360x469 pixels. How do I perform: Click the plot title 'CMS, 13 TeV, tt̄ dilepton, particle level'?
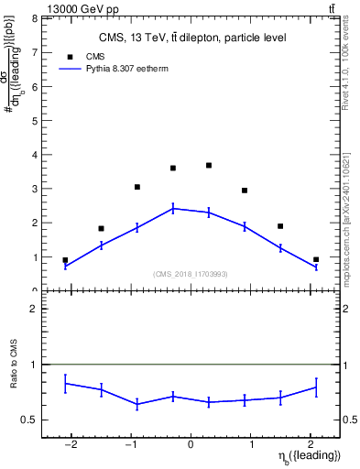(192, 38)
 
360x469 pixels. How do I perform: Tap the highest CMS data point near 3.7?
(209, 166)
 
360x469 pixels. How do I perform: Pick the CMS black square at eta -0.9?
(137, 187)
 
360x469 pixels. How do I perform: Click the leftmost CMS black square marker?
(65, 260)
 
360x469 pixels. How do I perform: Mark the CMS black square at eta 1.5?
(280, 226)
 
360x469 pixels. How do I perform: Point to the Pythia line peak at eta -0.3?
(173, 209)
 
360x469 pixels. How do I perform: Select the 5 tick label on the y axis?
(34, 120)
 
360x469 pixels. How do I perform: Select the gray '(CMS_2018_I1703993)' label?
(191, 274)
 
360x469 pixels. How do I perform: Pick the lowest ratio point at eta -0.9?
(137, 404)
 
